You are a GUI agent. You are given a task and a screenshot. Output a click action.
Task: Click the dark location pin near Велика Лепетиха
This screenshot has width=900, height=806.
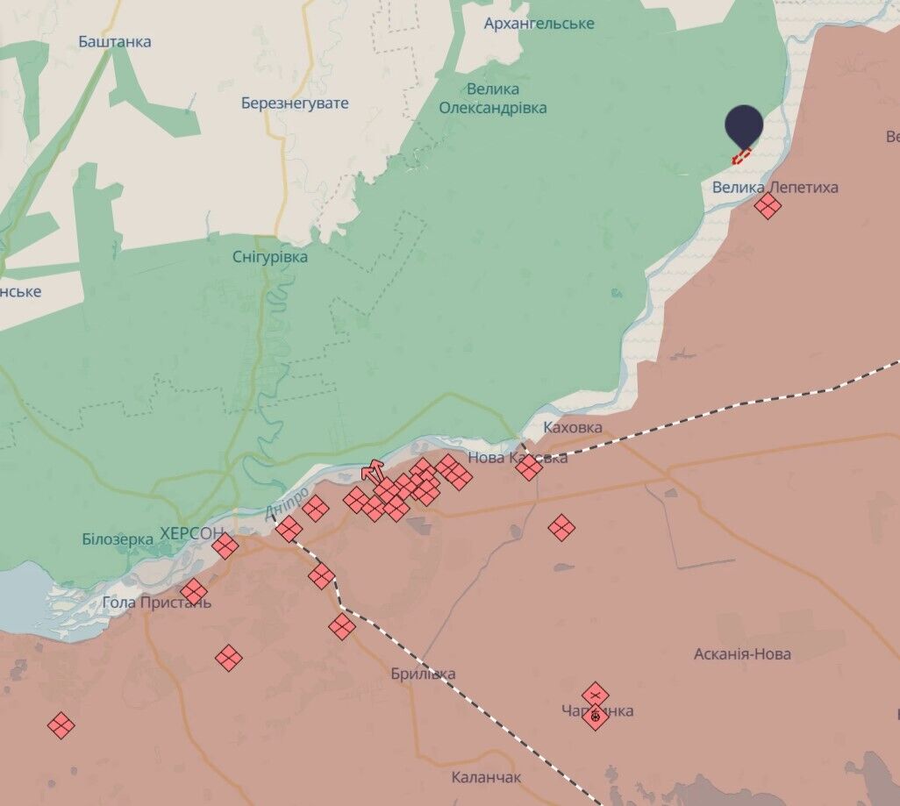744,128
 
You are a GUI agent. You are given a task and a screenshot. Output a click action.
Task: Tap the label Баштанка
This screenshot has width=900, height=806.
114,41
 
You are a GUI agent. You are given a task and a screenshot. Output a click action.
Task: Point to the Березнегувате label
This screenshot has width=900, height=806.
295,103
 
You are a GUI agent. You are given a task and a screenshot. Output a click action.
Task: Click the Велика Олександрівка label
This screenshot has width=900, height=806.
493,98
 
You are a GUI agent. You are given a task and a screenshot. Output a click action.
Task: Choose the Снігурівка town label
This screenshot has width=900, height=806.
270,257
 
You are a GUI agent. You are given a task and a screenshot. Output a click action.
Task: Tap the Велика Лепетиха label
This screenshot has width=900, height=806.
775,187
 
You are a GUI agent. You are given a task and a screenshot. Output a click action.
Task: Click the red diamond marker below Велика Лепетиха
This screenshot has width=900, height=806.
768,206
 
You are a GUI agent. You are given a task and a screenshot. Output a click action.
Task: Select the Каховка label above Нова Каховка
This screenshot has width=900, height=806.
573,427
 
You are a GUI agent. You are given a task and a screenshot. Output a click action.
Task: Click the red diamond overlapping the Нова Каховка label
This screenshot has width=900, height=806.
529,467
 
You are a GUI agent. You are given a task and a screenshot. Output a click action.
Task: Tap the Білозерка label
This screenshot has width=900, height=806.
118,539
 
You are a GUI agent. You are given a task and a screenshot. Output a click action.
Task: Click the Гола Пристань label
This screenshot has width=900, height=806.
156,603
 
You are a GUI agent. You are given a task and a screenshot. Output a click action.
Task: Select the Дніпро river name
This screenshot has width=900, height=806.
286,503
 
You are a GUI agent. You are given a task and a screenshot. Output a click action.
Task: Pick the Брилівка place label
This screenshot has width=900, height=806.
423,674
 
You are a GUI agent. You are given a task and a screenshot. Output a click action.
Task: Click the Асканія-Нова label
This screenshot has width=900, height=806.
742,653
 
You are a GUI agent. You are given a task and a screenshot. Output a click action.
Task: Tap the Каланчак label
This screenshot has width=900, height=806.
486,777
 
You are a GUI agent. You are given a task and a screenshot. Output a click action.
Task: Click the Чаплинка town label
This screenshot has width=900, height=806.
598,710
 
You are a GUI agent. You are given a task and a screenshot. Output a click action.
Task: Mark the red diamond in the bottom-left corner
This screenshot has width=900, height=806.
61,725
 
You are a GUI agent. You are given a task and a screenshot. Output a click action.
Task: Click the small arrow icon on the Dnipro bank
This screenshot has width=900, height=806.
373,469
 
